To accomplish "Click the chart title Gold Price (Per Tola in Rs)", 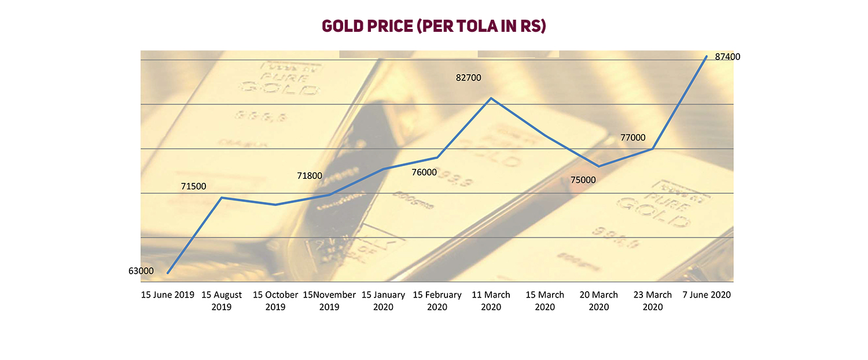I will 434,27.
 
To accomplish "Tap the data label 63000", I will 142,271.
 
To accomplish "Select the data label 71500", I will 193,186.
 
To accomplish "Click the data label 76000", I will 425,172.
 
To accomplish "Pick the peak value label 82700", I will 469,78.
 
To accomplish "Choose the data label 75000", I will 583,180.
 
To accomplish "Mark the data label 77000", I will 632,138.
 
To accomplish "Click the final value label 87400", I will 728,57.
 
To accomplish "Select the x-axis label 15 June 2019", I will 168,295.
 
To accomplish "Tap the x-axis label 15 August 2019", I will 222,301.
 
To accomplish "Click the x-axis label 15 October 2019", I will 275,301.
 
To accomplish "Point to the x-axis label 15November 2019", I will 329,301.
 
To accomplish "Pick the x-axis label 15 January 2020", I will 383,301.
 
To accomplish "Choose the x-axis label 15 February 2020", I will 437,301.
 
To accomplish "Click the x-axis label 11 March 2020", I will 491,301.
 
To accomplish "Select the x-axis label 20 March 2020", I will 599,301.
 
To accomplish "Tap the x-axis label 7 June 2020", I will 707,295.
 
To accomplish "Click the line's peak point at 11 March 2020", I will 491,98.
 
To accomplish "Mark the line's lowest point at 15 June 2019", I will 168,273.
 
